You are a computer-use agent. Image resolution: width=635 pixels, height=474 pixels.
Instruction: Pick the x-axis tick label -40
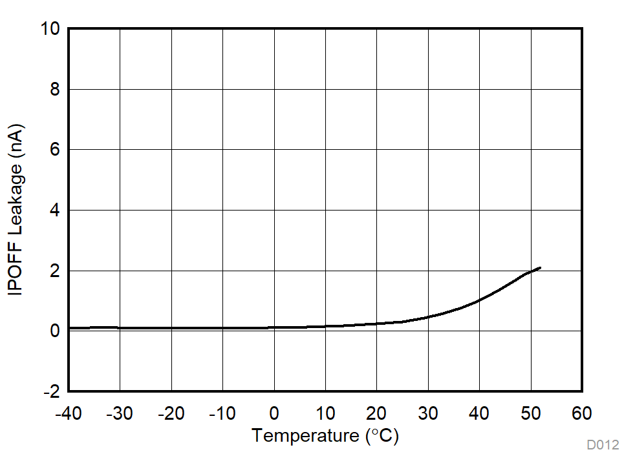pos(68,413)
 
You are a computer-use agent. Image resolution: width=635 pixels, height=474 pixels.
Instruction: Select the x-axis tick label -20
pos(171,413)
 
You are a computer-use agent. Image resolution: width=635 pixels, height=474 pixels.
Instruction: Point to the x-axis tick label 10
pos(325,413)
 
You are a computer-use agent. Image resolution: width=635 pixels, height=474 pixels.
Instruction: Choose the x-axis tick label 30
pos(428,413)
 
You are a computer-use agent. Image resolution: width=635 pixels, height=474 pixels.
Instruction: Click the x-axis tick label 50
pos(531,413)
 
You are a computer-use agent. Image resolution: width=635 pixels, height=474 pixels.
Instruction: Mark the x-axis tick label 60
pos(582,413)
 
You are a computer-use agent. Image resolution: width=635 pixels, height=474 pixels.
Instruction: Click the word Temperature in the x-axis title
pos(305,436)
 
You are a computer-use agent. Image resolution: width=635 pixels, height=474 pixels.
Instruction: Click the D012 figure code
pos(603,445)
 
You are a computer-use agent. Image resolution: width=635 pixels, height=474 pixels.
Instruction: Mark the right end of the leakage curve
pos(540,267)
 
